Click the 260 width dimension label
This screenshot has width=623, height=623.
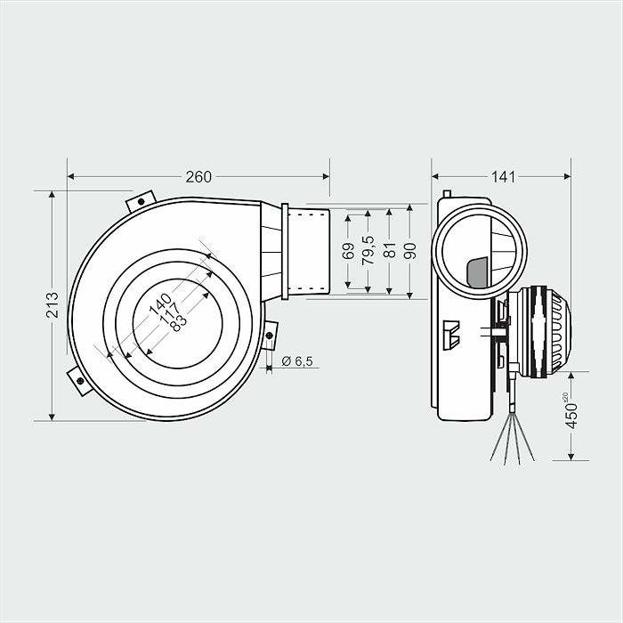click(198, 176)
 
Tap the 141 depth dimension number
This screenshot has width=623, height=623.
click(503, 176)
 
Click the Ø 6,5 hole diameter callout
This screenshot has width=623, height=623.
click(297, 361)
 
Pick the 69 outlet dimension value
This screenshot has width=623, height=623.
click(348, 251)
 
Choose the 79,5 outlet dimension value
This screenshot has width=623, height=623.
click(368, 251)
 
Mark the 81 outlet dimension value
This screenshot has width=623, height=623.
click(389, 251)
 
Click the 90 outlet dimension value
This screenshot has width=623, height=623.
click(409, 251)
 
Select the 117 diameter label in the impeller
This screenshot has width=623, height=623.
click(168, 311)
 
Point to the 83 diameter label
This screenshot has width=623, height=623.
click(178, 320)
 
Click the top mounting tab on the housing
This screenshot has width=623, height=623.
click(141, 201)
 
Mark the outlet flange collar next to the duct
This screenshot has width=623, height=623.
click(285, 251)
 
